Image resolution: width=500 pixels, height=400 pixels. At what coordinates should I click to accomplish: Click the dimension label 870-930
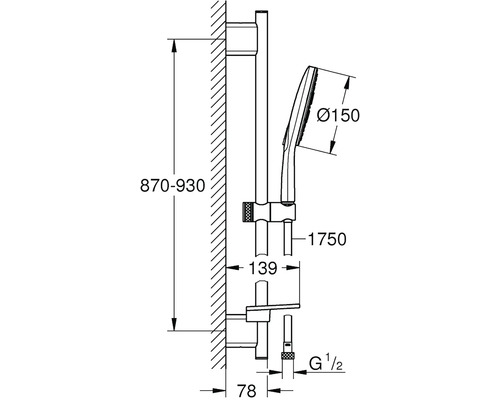pyautogui.click(x=172, y=186)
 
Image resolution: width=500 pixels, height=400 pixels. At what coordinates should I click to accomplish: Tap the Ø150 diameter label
pyautogui.click(x=338, y=116)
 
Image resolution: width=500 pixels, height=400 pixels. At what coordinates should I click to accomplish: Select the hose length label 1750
pyautogui.click(x=327, y=239)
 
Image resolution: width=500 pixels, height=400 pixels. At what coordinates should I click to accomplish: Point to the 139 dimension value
pyautogui.click(x=263, y=268)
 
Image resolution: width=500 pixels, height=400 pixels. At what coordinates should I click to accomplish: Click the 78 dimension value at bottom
pyautogui.click(x=247, y=390)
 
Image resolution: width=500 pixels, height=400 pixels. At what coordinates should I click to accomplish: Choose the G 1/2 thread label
pyautogui.click(x=325, y=364)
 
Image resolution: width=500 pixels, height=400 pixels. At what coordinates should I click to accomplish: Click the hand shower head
pyautogui.click(x=300, y=107)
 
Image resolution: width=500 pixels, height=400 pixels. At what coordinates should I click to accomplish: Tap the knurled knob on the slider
pyautogui.click(x=248, y=211)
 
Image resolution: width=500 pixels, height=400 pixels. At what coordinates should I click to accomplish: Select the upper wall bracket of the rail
pyautogui.click(x=242, y=38)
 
